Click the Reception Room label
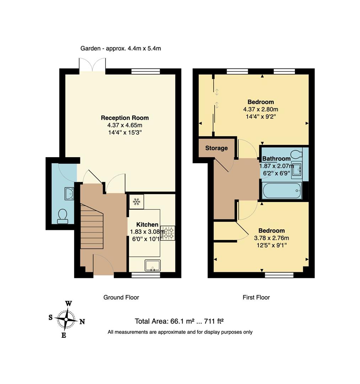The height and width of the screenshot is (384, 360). tap(125, 118)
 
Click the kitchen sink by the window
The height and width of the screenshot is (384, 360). tap(152, 265)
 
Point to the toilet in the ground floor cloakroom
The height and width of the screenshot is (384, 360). tap(63, 216)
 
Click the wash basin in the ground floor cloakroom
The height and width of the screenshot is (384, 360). tap(69, 193)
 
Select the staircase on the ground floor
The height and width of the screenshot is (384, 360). tap(91, 226)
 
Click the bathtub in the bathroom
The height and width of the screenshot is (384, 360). tap(282, 191)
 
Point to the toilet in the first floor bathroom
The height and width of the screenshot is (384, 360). tap(296, 154)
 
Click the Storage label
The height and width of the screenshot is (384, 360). tap(216, 148)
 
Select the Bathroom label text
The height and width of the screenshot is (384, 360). tap(276, 159)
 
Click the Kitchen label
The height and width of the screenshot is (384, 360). tap(147, 224)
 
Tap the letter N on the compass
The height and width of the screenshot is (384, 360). tap(82, 322)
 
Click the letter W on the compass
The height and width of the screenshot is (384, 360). tap(69, 303)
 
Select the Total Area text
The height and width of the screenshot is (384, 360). tap(179, 321)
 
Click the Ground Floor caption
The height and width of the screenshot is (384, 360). tap(121, 297)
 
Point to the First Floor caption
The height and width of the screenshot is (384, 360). tap(256, 297)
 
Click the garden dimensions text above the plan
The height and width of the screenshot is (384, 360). tap(121, 48)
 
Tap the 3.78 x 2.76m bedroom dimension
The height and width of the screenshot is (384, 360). tap(272, 238)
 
